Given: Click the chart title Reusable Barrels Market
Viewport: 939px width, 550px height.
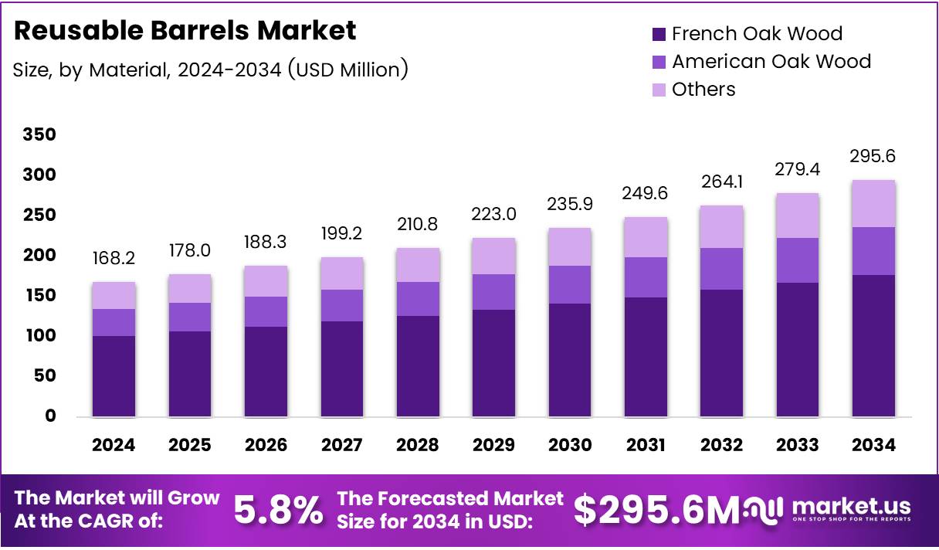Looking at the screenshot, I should click(x=185, y=31).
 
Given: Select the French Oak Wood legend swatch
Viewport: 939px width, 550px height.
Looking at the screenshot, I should click(x=659, y=34).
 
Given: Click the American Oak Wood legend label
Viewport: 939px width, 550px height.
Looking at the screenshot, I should click(x=771, y=62).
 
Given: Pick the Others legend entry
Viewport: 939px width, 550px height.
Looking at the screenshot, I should click(x=703, y=90).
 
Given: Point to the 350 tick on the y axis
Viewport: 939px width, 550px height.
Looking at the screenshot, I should click(x=39, y=135).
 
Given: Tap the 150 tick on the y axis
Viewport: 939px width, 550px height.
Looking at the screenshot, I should click(x=39, y=296).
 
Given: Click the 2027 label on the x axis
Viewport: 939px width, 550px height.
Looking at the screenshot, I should click(x=341, y=445).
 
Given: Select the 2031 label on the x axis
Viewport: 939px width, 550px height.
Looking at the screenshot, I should click(x=646, y=445).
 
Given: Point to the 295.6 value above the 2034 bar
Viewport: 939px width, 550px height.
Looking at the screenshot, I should click(x=874, y=157).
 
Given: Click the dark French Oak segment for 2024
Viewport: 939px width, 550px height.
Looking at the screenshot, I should click(x=114, y=376).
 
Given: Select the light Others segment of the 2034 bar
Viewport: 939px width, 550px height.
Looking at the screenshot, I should click(x=874, y=204).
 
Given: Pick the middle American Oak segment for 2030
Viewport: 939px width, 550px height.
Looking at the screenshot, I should click(x=570, y=284).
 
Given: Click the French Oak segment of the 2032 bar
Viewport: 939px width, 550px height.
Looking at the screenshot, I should click(x=722, y=353).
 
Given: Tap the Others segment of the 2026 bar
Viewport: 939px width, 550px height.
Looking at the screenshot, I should click(x=266, y=281).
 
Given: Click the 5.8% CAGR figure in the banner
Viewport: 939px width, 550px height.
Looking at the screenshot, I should click(x=278, y=510).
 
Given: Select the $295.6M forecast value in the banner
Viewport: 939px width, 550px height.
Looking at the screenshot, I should click(x=656, y=510).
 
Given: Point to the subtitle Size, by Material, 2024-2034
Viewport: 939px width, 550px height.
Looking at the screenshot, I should click(x=210, y=70).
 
